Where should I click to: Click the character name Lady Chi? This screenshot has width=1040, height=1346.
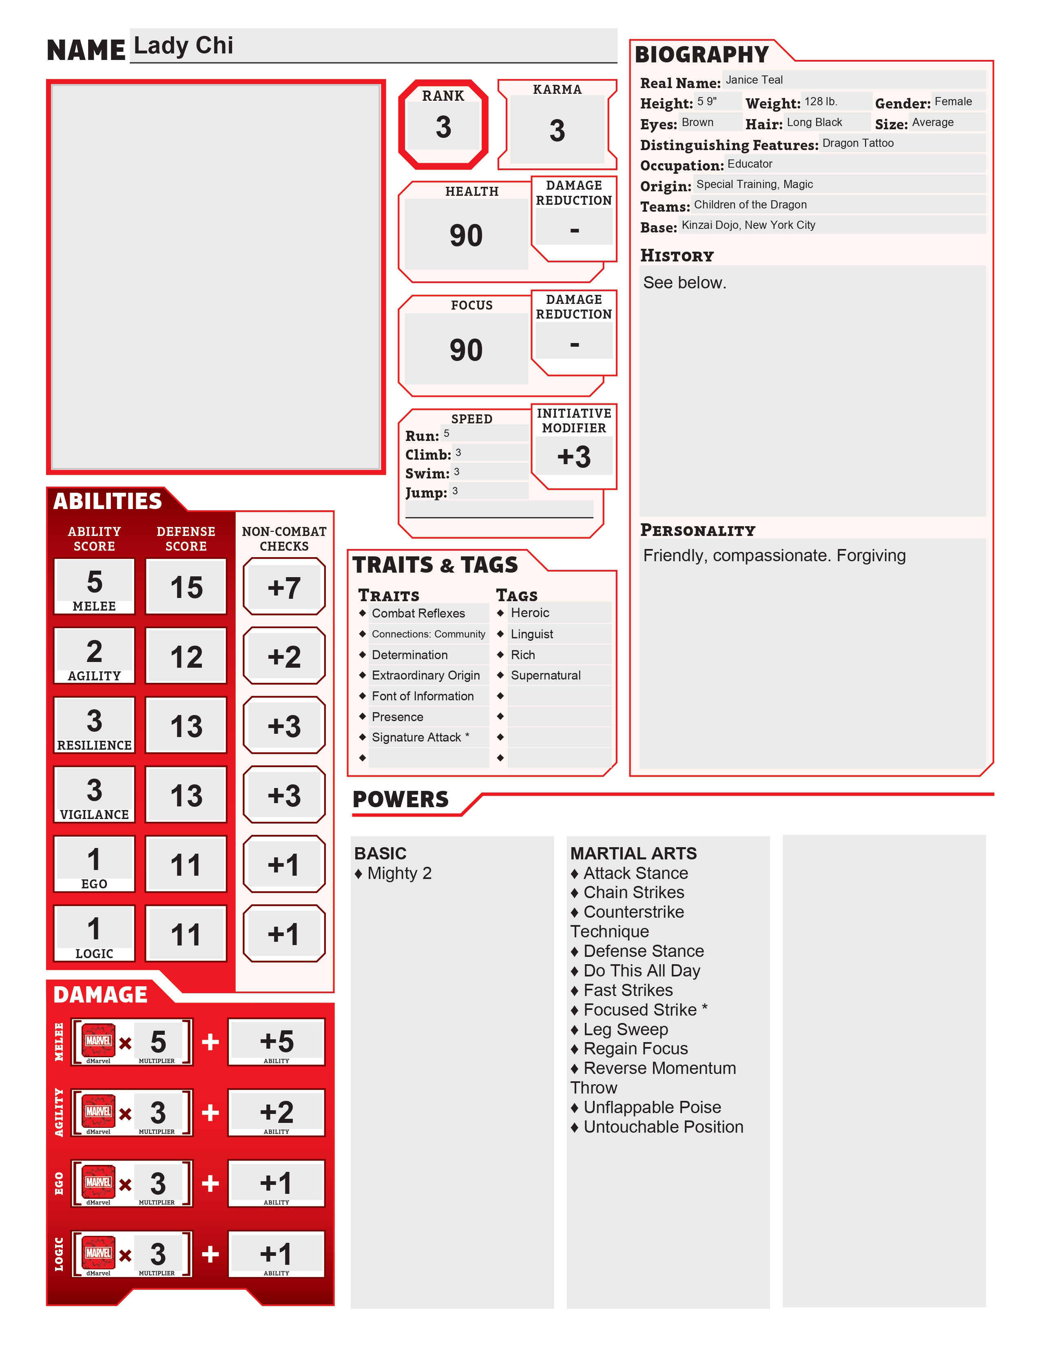point(184,46)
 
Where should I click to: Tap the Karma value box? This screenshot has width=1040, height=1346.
point(557,131)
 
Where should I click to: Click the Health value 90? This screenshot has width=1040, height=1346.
point(466,235)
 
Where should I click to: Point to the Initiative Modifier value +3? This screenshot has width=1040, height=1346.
point(573,457)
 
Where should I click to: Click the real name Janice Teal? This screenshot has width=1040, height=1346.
point(754,80)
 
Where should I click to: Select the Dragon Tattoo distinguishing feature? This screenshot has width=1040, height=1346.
point(858,143)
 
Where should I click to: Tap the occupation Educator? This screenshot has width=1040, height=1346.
point(750,164)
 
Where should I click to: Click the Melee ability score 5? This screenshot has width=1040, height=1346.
point(94,582)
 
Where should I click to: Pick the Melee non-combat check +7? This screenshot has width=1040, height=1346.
point(284,587)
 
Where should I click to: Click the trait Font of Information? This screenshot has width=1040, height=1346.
point(423,696)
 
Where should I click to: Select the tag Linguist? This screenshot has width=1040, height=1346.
point(532,634)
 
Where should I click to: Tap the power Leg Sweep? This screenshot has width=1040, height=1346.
point(625,1029)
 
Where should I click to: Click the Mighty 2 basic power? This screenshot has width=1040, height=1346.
point(399,873)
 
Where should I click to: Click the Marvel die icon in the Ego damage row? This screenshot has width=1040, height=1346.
point(99,1182)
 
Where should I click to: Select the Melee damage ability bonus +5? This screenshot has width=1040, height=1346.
point(277,1042)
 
